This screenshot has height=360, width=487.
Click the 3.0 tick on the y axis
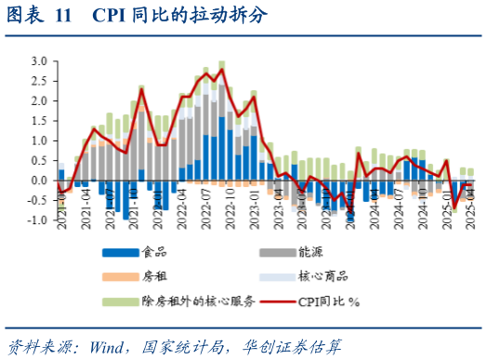point(40,60)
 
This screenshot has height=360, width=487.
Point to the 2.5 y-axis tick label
point(40,81)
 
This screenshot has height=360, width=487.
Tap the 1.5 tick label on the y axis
point(40,121)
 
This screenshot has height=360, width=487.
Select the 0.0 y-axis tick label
point(40,180)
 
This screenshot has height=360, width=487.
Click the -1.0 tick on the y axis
point(38,220)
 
